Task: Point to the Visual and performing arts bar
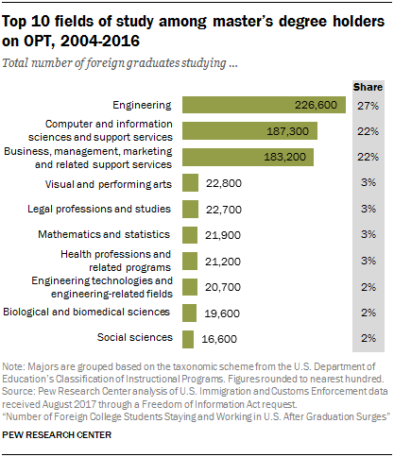point(190,183)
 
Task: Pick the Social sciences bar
point(188,338)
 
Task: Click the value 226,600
point(317,106)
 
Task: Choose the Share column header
point(368,85)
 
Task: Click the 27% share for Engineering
point(368,106)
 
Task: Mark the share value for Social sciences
point(368,338)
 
